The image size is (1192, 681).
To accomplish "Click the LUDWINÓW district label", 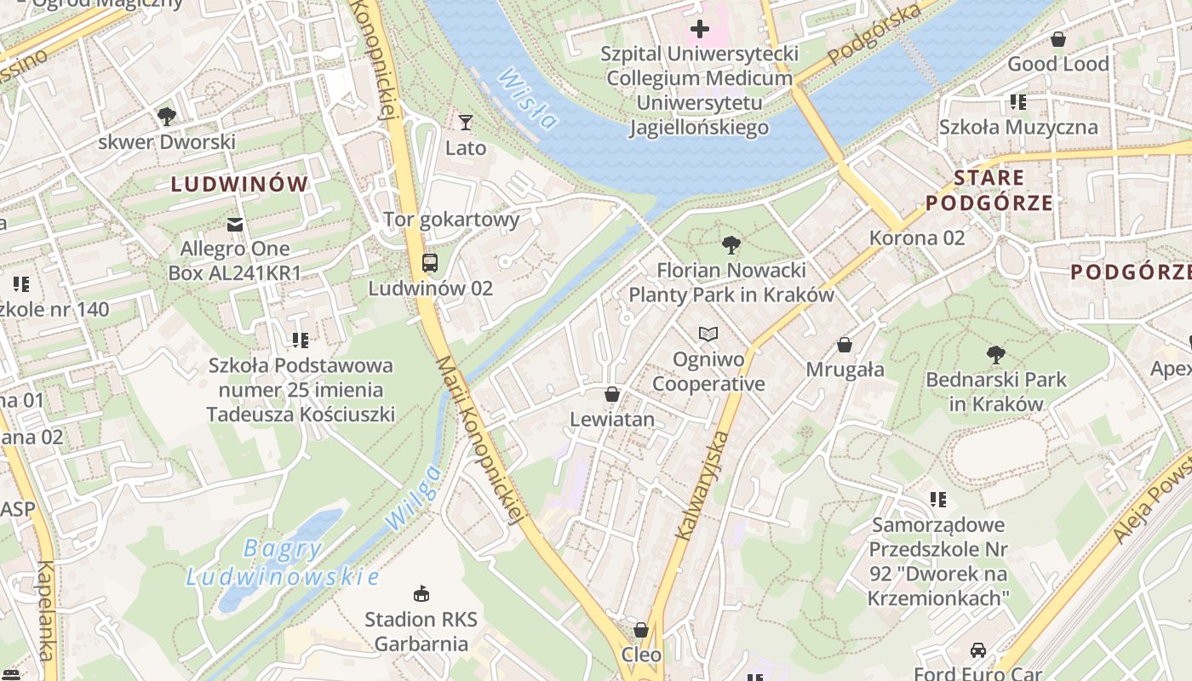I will [239, 184].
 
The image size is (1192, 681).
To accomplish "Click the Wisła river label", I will [527, 98].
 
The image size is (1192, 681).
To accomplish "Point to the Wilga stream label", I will [413, 497].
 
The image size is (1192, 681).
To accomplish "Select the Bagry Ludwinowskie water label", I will [282, 563].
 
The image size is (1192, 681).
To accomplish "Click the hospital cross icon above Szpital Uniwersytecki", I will [700, 29].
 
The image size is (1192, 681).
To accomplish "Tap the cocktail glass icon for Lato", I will [465, 123].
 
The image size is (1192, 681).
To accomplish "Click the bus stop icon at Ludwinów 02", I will [430, 262].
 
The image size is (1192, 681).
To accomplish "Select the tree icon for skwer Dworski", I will [166, 116].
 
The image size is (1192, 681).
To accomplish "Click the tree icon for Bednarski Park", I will [995, 354].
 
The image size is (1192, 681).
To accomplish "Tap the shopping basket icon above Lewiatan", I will [611, 394].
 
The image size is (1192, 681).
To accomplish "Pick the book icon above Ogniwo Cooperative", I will [708, 334].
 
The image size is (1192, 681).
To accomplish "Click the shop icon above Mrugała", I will [845, 345].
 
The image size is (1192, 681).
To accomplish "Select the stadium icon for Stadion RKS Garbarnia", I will [421, 593].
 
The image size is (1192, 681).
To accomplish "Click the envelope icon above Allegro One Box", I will [235, 224].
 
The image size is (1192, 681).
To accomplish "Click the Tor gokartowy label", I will [451, 220].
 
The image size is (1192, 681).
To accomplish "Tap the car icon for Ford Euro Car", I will [977, 650].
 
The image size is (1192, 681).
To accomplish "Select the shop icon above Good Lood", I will [1058, 39].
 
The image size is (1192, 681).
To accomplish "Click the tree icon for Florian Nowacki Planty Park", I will [731, 246].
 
